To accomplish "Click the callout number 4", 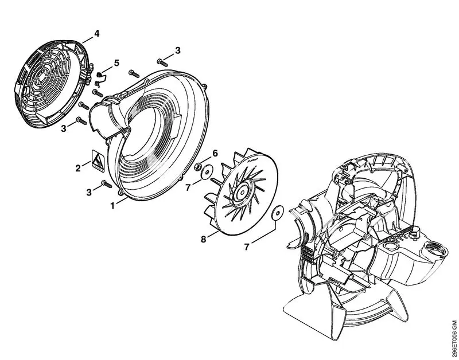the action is [96, 34].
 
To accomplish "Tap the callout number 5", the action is [116, 63].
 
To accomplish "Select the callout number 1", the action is [112, 206].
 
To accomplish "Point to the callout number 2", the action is [78, 168].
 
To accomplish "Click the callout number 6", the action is [215, 153].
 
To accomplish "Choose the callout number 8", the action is [204, 239].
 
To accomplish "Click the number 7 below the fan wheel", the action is [247, 247].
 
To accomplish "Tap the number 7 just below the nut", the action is [188, 187].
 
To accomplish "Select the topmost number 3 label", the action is [178, 50].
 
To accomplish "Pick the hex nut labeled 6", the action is [198, 167].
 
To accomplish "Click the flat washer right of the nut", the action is [207, 171].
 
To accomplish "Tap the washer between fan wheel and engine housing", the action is [277, 213].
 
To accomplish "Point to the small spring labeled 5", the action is [100, 79].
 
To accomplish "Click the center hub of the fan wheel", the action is [243, 191].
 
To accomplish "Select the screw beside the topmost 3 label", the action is [162, 62].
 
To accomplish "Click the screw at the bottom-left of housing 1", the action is [107, 184].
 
